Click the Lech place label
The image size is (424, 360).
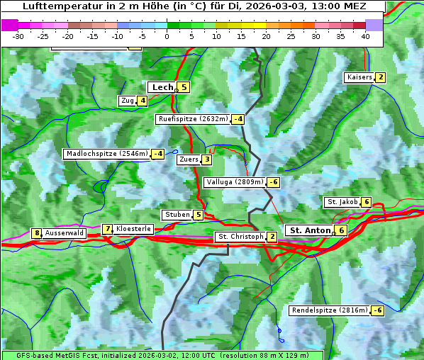click(162, 87)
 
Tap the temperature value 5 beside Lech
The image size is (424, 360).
click(184, 87)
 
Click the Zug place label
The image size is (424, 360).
click(128, 101)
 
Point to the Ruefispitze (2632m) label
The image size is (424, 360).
click(193, 119)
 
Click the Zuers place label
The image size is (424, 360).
click(189, 159)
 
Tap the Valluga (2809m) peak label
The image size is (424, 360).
click(235, 182)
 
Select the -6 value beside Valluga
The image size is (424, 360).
click(273, 182)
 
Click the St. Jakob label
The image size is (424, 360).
click(342, 202)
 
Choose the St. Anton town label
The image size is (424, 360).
click(311, 230)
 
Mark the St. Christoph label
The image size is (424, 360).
click(240, 237)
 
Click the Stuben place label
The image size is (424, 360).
click(177, 215)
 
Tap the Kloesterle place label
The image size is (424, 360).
click(133, 229)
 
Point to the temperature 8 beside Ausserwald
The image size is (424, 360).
click(36, 233)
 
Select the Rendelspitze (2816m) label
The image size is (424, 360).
click(330, 310)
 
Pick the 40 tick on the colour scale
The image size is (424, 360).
click(365, 35)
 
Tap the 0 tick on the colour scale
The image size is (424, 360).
click(167, 35)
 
